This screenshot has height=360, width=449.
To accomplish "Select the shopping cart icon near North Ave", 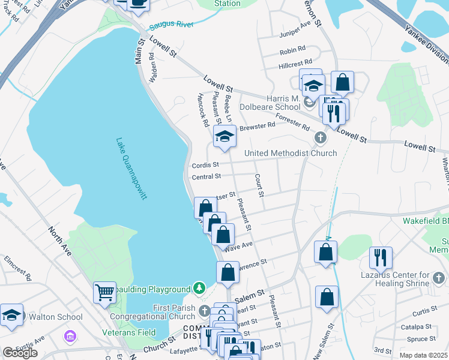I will (104, 292).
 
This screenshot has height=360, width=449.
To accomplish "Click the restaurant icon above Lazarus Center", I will (381, 257).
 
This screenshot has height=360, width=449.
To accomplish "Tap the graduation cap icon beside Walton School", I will (11, 316).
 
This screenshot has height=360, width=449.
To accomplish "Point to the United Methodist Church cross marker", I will (321, 139).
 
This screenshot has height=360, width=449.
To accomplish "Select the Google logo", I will (20, 353).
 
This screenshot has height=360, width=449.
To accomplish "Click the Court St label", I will (259, 185).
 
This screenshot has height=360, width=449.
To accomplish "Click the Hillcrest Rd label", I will (295, 62).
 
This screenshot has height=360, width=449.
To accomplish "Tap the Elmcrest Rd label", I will (18, 269).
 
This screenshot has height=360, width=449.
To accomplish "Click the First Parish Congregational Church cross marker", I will (205, 310).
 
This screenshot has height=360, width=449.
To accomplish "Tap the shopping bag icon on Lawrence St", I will (228, 273).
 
